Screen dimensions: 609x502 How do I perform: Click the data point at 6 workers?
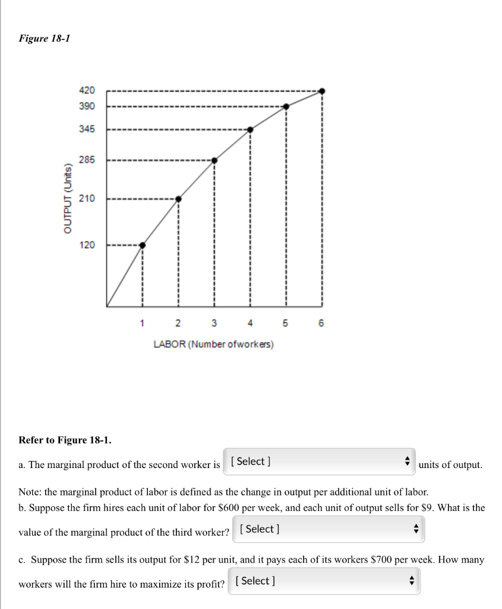322,91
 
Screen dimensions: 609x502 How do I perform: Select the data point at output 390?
286,106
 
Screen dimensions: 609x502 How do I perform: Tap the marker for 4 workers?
250,130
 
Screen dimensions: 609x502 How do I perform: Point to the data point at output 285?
214,160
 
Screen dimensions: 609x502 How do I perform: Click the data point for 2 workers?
178,199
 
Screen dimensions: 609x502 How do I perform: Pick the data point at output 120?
143,245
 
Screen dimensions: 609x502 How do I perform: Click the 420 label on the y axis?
86,90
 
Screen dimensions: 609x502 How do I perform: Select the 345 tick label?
86,129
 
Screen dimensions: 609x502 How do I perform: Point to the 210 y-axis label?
86,198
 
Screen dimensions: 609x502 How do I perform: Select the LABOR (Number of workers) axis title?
214,344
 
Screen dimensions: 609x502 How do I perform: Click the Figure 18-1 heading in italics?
45,39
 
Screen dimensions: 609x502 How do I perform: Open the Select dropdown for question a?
319,462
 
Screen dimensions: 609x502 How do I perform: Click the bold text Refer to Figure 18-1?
65,440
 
